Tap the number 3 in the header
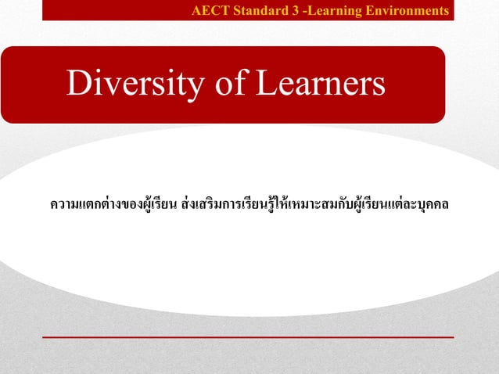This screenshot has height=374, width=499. tap(295, 11)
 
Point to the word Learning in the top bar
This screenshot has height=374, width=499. tap(332, 11)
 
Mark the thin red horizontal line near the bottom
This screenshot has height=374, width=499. tap(247, 336)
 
